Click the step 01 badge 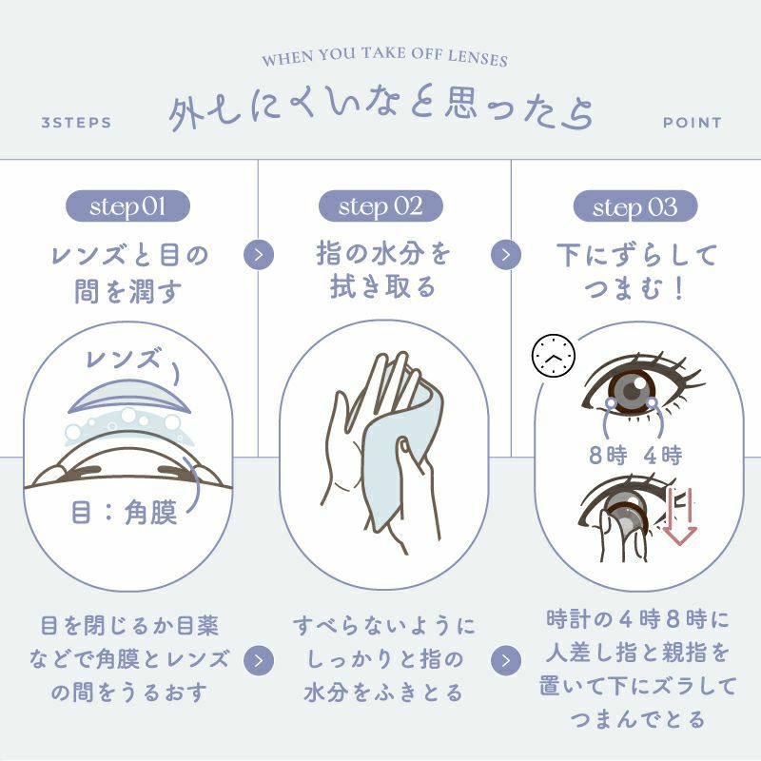tap(127, 206)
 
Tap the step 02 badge tap(380, 206)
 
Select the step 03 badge tap(635, 206)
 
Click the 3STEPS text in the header tap(76, 123)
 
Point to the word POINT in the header tap(693, 123)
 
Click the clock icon tap(554, 355)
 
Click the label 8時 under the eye tap(608, 456)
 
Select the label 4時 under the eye tap(663, 456)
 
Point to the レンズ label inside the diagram tap(123, 360)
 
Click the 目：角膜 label tap(125, 513)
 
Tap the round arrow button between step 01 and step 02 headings tap(259, 254)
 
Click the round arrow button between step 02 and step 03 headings tap(506, 254)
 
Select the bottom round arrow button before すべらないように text tap(259, 660)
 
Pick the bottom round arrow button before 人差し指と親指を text tap(506, 660)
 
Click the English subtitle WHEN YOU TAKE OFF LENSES tap(384, 57)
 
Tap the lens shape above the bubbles tap(129, 397)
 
